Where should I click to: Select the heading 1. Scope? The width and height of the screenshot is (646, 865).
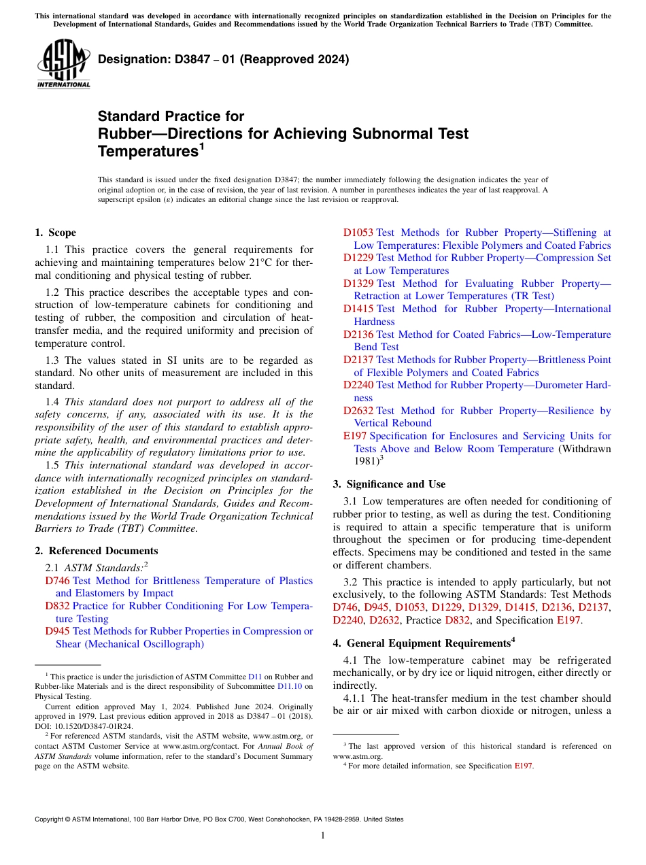tap(55, 233)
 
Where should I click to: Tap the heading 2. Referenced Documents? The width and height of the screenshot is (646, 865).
tap(96, 551)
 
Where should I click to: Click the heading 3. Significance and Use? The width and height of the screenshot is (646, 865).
tap(389, 484)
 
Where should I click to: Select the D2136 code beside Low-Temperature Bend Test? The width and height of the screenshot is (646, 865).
tap(358, 335)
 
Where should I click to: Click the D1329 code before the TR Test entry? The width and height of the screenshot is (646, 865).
tap(358, 284)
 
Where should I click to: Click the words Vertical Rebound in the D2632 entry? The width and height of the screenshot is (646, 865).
tap(393, 423)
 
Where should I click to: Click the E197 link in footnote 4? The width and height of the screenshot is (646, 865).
tap(523, 766)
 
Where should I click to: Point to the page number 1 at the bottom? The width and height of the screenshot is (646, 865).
tap(323, 835)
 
